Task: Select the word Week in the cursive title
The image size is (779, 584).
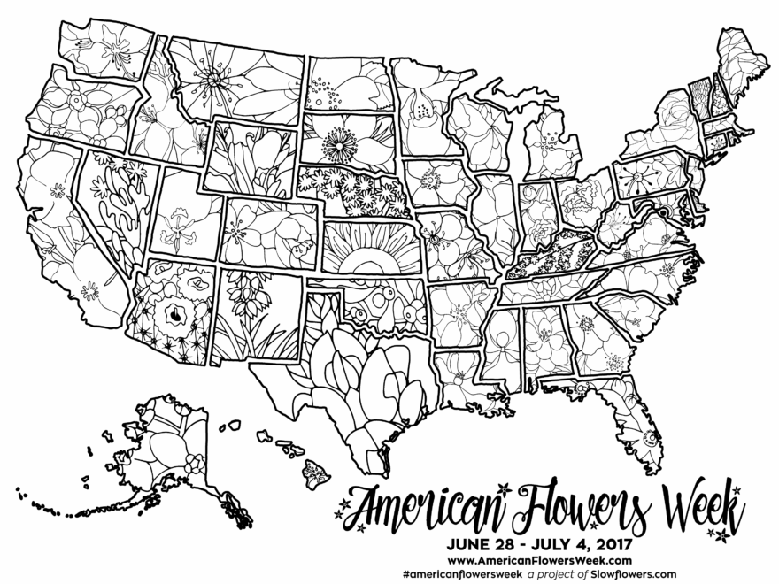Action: pyautogui.click(x=696, y=504)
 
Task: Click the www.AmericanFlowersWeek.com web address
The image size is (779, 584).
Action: pyautogui.click(x=539, y=559)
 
